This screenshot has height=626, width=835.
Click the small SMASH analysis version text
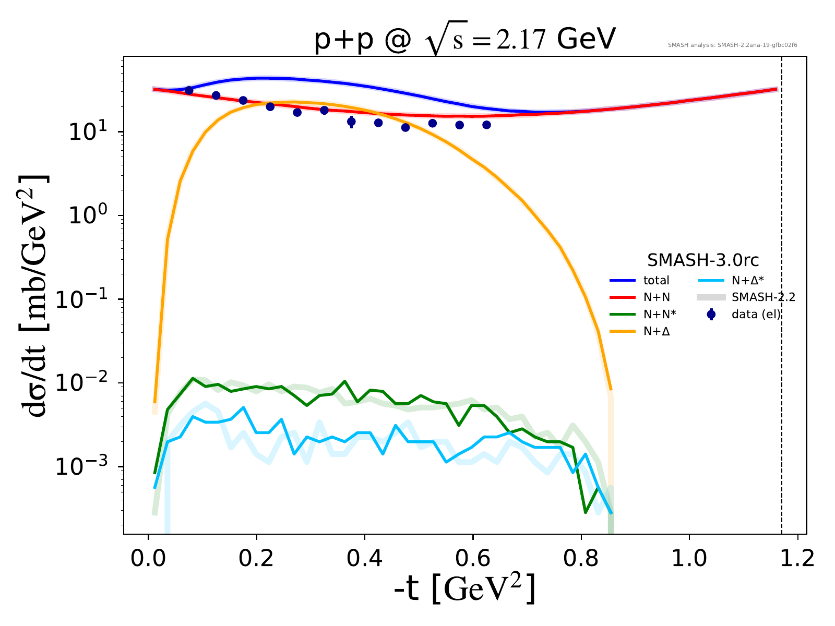[732, 45]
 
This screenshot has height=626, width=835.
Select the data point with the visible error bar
[351, 122]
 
